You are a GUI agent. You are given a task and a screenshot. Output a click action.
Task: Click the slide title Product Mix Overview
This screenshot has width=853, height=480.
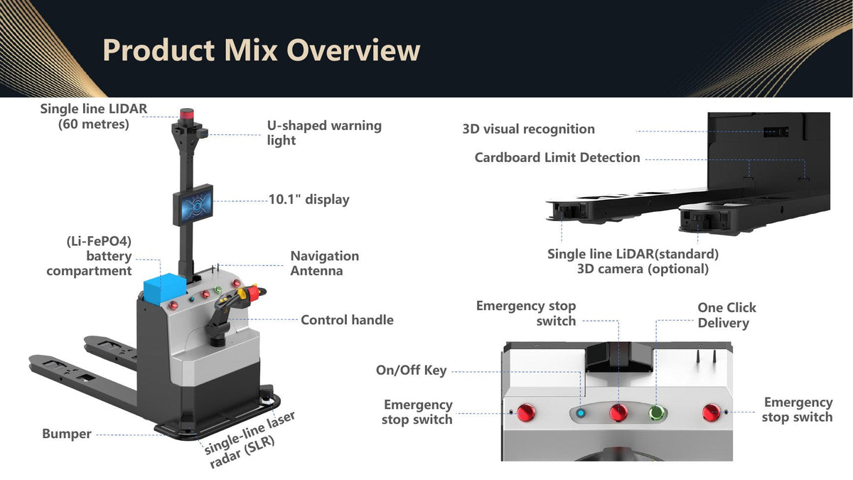262,50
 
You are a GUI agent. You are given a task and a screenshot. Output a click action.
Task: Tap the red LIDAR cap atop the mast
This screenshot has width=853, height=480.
187,114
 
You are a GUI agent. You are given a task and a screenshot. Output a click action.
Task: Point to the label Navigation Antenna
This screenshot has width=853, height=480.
324,263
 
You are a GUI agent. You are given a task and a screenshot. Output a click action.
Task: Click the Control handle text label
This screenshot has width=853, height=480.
347,320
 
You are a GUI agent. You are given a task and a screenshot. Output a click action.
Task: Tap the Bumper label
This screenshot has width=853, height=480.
67,434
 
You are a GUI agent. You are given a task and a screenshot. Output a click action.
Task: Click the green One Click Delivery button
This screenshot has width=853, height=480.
655,412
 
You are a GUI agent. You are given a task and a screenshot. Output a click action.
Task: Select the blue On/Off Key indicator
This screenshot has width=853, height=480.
580,413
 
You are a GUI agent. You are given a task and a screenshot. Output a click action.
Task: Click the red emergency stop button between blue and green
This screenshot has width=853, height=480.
618,412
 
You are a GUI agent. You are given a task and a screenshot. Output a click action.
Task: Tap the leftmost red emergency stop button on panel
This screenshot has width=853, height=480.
526,412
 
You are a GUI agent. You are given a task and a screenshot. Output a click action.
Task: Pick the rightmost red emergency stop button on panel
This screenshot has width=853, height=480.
711,412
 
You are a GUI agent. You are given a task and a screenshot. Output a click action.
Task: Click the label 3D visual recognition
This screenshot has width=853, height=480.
529,129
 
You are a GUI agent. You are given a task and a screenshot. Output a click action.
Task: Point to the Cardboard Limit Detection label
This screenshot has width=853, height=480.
557,158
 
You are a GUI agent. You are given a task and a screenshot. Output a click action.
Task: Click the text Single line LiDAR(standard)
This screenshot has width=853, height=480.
633,254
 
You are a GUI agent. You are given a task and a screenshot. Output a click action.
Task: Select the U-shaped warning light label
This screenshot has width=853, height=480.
324,133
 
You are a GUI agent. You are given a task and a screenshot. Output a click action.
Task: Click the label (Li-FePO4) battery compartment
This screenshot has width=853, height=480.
89,256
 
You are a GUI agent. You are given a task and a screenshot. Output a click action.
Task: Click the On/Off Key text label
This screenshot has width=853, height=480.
412,370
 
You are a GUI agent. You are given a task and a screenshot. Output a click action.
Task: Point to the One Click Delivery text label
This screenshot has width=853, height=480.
726,316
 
